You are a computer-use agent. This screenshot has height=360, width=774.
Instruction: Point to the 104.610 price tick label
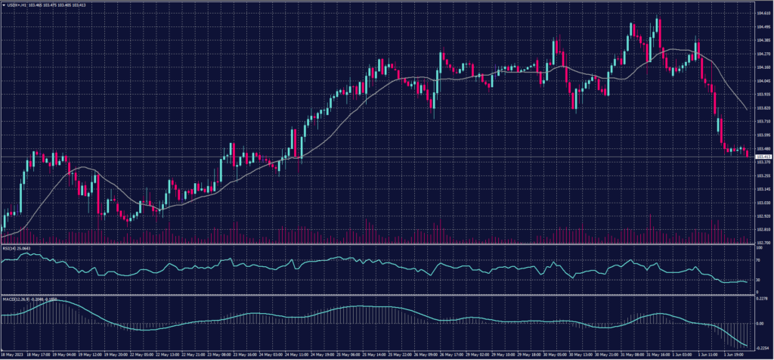coord(763,13)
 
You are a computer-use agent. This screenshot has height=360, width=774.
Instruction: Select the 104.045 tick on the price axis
coord(763,81)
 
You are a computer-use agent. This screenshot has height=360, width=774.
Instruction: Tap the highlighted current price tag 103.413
coord(763,157)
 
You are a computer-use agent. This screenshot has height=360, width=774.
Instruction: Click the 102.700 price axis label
coord(763,242)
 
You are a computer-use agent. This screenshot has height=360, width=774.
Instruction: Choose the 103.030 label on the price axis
coord(763,202)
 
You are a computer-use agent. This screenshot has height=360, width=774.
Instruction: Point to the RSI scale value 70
coord(758,259)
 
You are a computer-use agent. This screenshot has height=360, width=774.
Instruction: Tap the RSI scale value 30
coord(758,279)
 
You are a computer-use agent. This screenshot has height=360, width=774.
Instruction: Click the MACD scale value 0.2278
coord(762,298)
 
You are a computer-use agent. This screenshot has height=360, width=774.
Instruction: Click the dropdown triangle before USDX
coord(5,5)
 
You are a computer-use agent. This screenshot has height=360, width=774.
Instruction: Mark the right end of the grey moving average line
coord(748,110)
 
